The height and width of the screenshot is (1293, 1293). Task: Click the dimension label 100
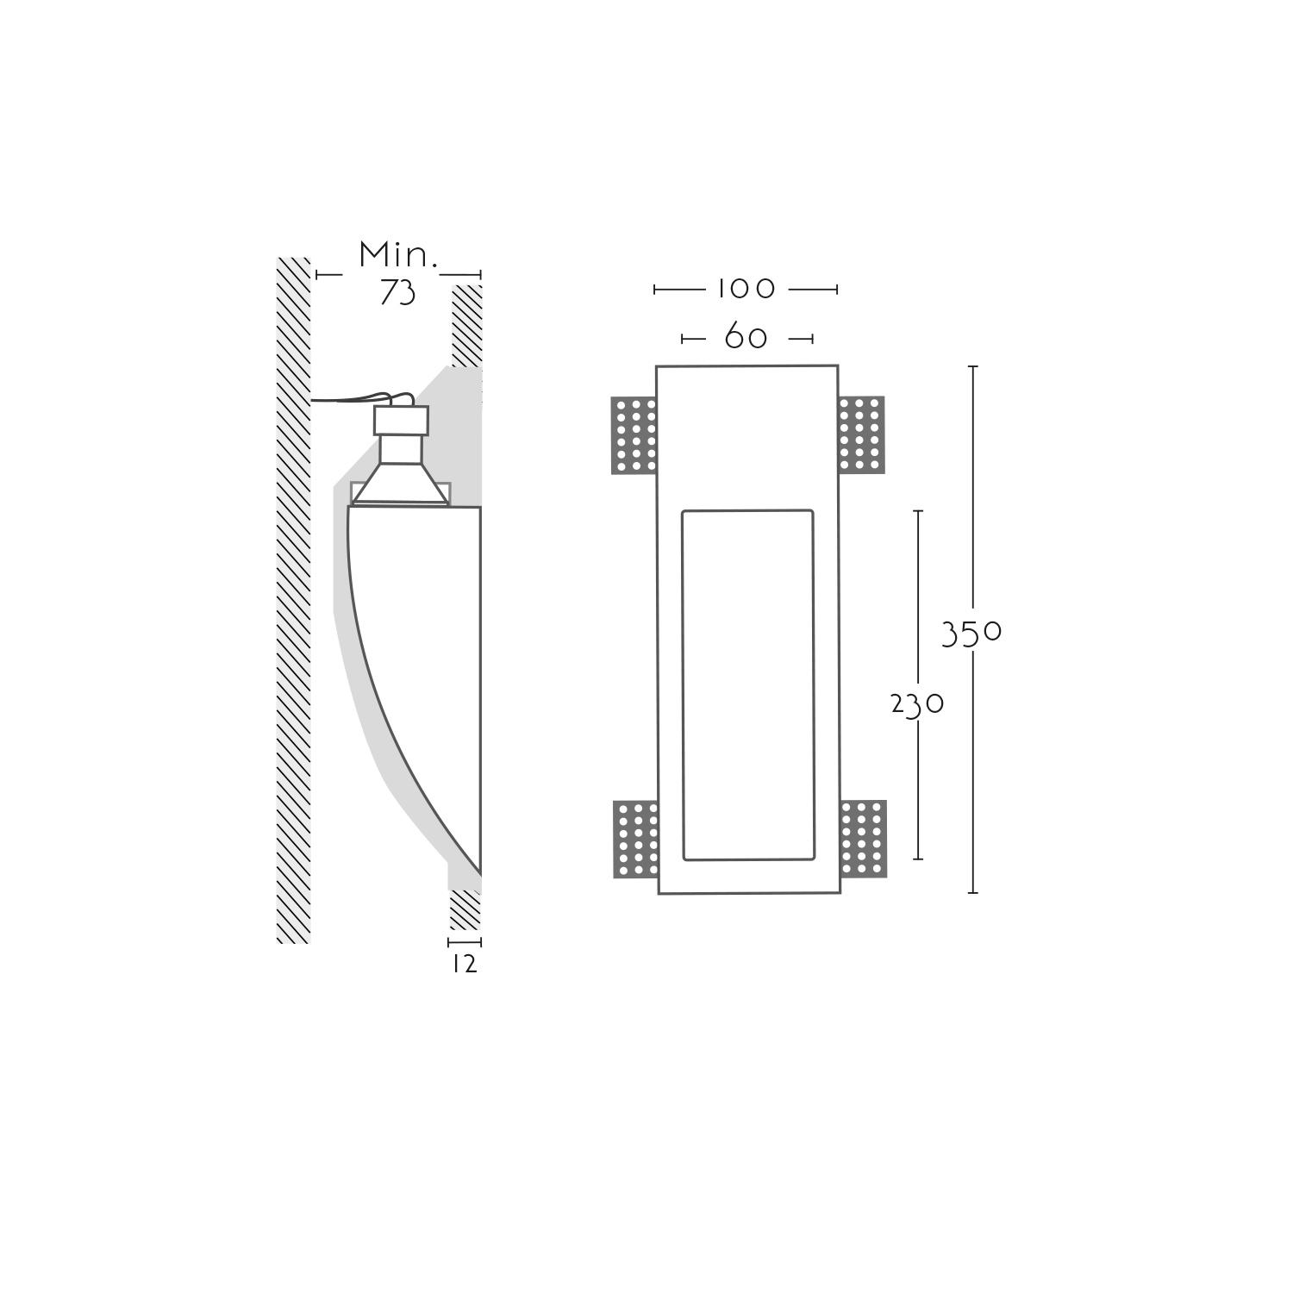pos(746,288)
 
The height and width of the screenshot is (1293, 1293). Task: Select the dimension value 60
pos(746,336)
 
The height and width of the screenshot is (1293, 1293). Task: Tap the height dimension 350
pos(971,634)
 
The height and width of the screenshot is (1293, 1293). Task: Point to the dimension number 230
pos(917,705)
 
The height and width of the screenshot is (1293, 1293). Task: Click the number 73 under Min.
pos(397,293)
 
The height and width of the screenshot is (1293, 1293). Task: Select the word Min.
pos(398,255)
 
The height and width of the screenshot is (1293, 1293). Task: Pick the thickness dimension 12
pos(465,964)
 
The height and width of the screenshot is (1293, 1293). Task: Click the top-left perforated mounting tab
pos(634,435)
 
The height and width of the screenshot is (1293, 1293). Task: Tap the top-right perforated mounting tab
pos(861,434)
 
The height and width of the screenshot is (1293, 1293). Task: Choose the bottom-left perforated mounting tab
pos(636,840)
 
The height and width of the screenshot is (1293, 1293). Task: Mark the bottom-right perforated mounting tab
pos(863,840)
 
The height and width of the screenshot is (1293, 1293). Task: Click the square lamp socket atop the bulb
pos(401,420)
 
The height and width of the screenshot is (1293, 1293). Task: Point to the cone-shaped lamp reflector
pos(401,484)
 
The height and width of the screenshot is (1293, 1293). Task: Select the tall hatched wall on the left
pos(293,600)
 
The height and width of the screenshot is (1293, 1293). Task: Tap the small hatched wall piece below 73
pos(466,325)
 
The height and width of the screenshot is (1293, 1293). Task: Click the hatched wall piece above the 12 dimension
pos(465,910)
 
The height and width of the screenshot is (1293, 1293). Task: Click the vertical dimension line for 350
pos(973,629)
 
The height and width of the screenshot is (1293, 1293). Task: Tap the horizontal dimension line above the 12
pos(465,942)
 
